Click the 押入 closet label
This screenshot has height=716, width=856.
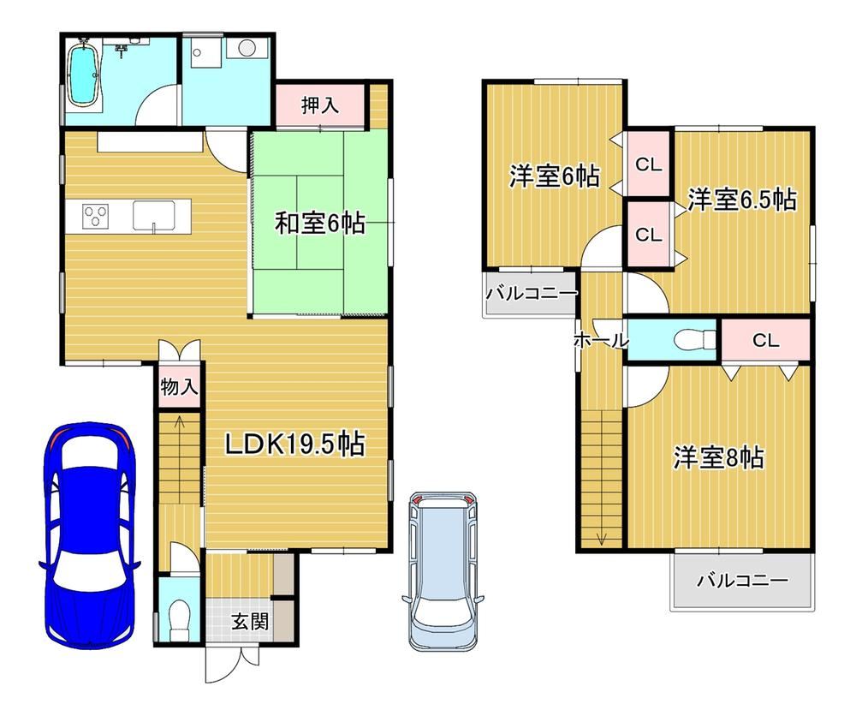click(x=320, y=104)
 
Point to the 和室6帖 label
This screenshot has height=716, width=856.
click(x=320, y=224)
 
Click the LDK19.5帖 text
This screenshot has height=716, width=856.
click(x=295, y=444)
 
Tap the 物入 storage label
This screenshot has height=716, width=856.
click(x=179, y=387)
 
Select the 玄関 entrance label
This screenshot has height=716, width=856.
click(x=249, y=621)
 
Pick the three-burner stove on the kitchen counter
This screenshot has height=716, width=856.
click(x=96, y=215)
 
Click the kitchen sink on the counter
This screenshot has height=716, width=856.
click(x=154, y=216)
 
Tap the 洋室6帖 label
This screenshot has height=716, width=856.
click(x=554, y=176)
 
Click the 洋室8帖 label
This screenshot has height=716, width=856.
click(x=719, y=457)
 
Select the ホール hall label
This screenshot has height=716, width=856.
click(x=601, y=341)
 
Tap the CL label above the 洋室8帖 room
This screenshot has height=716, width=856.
click(x=765, y=341)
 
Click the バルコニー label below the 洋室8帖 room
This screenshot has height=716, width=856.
click(x=742, y=580)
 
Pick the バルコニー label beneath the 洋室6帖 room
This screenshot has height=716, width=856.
click(x=532, y=293)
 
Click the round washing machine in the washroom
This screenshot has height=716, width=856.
click(x=247, y=48)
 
